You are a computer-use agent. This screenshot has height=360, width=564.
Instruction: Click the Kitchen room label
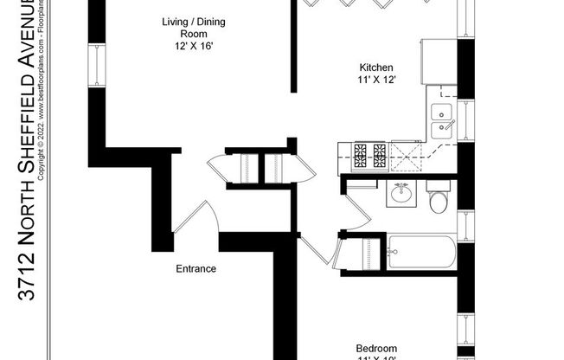click(377, 67)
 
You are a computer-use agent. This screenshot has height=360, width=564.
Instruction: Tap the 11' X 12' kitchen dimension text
click(377, 80)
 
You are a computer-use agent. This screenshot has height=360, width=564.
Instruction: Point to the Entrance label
click(196, 269)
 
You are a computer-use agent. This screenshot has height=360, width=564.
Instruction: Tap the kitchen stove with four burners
click(370, 157)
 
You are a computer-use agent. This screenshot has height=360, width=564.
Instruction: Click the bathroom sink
click(401, 194)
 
